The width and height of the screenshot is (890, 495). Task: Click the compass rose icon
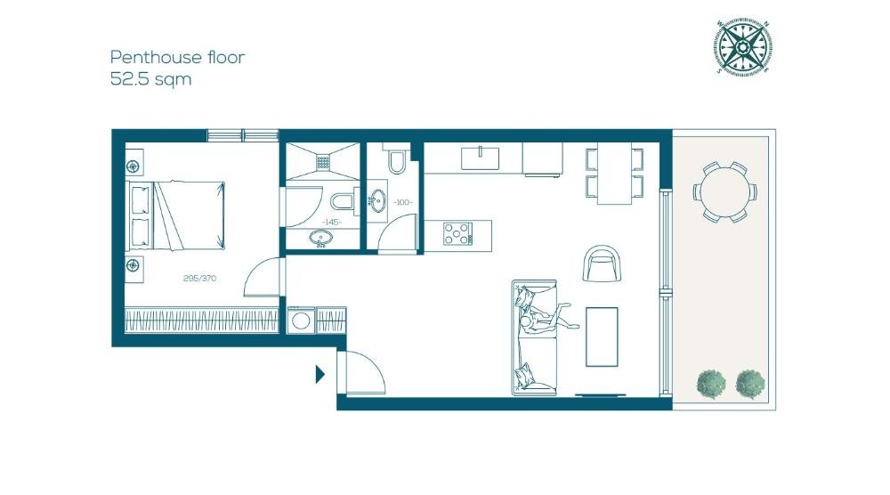click(742, 46)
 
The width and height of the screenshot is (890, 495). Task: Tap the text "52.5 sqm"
click(150, 79)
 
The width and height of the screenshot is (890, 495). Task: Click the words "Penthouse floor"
click(177, 57)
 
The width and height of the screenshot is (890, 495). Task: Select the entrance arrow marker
click(320, 374)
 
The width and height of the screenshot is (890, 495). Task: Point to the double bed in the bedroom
click(175, 215)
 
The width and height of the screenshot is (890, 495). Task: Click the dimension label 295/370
click(199, 278)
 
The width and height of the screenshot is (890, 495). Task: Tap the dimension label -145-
click(332, 222)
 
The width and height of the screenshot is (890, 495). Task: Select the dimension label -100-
click(402, 202)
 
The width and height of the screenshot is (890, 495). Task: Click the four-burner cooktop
click(457, 233)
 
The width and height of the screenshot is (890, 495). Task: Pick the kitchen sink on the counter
click(481, 158)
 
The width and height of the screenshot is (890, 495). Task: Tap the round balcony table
click(724, 192)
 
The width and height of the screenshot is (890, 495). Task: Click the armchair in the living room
click(602, 264)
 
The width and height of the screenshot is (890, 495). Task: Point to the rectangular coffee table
click(602, 337)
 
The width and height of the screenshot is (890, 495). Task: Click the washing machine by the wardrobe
click(301, 321)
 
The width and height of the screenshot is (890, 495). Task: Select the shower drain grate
click(324, 162)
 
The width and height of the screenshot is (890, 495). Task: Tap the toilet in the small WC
click(396, 159)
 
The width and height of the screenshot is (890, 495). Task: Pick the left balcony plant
click(710, 384)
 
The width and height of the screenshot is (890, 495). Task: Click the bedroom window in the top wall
click(242, 135)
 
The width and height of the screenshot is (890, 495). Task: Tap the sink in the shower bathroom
click(320, 238)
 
